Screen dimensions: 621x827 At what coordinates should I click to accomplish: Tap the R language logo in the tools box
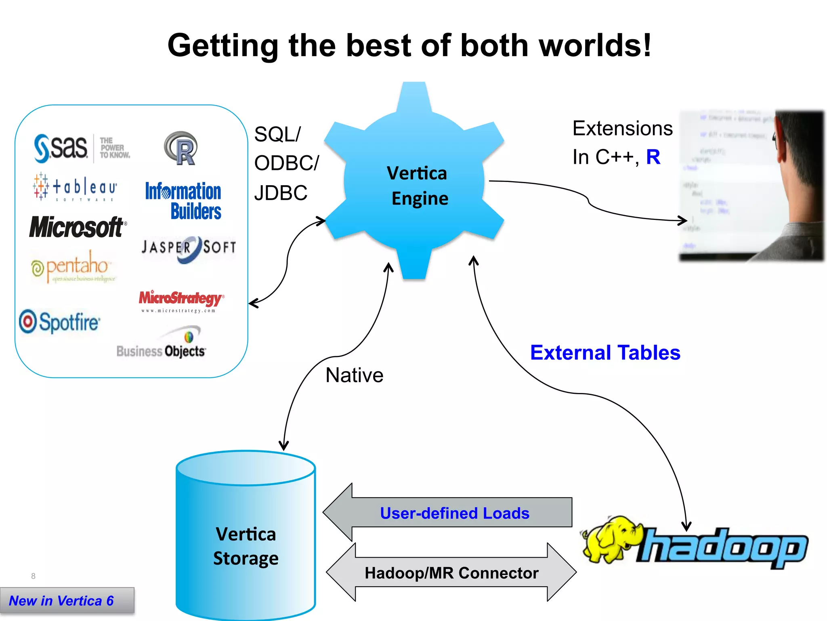click(x=181, y=148)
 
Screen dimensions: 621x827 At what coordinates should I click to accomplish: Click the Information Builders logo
click(x=184, y=201)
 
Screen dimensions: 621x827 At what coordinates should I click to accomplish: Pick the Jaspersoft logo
click(x=188, y=247)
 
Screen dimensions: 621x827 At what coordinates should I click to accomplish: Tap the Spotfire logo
click(x=60, y=322)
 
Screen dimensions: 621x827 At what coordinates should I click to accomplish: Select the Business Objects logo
click(x=162, y=348)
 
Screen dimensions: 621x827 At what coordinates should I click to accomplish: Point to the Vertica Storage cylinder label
click(x=246, y=546)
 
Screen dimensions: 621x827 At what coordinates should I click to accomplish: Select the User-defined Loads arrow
click(x=454, y=513)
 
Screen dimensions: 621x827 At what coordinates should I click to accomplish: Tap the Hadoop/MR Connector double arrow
click(x=451, y=573)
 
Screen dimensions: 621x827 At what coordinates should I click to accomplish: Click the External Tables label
click(x=605, y=353)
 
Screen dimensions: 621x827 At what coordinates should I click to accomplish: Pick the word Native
click(x=354, y=375)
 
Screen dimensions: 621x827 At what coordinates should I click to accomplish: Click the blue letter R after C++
click(x=653, y=157)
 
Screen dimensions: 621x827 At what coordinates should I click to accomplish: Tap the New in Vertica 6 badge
click(x=62, y=601)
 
